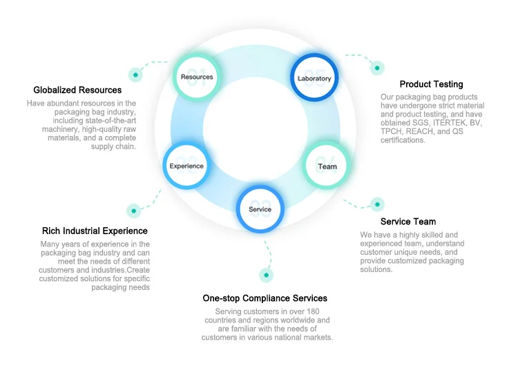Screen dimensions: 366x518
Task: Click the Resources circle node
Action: point(197,77)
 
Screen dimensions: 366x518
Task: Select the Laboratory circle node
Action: point(314,78)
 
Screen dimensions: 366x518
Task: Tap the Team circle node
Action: point(327,166)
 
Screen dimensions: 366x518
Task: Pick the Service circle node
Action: point(260,209)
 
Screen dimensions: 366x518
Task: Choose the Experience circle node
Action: point(186,166)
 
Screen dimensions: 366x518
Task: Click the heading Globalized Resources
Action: point(77,90)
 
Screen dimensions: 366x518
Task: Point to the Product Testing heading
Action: point(421,84)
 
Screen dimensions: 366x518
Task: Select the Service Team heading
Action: point(408,222)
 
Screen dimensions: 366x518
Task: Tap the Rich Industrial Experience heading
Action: point(95,231)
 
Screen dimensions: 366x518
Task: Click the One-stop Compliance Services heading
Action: point(265,298)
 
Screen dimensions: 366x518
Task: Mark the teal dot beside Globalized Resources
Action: point(135,75)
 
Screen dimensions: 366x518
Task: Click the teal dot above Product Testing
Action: point(377,68)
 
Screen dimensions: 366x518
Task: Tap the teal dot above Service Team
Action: point(377,204)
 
